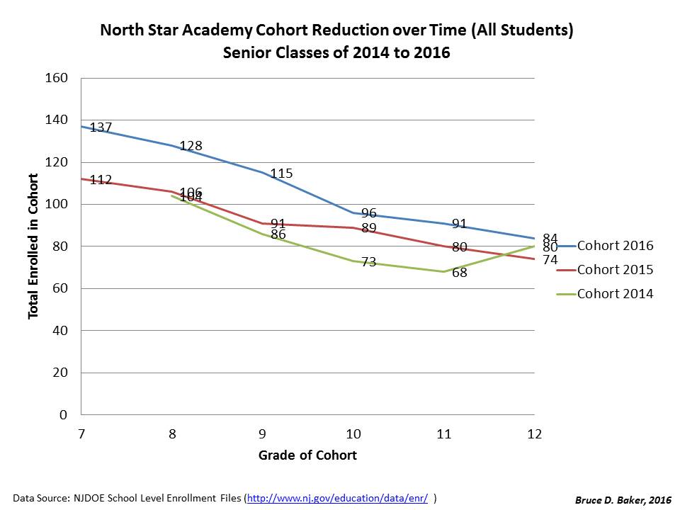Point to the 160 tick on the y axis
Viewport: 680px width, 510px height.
57,78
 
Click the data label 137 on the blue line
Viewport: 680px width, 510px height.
101,128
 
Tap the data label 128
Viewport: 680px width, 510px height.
191,146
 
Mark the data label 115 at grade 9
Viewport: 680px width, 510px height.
281,174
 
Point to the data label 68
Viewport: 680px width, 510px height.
459,272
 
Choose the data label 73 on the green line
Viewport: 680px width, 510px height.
368,262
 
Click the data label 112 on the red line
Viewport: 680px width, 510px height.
101,181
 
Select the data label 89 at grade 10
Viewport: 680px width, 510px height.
368,228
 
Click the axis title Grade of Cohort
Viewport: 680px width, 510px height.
307,455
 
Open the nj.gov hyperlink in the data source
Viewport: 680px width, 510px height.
337,498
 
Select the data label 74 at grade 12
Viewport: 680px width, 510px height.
550,260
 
